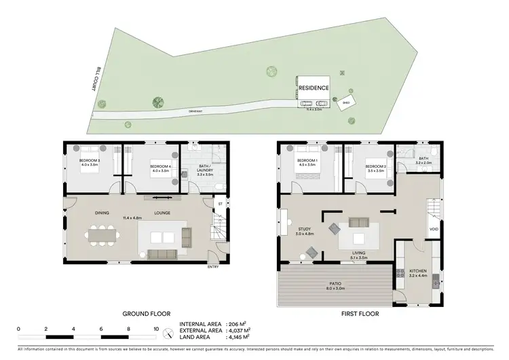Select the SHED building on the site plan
click(345, 103)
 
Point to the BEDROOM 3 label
click(90, 161)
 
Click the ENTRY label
click(214, 266)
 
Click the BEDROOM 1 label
click(307, 161)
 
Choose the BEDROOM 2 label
click(375, 167)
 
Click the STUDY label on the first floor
click(304, 229)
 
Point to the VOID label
click(434, 229)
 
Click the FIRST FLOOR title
click(360, 314)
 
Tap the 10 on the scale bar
click(157, 328)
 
